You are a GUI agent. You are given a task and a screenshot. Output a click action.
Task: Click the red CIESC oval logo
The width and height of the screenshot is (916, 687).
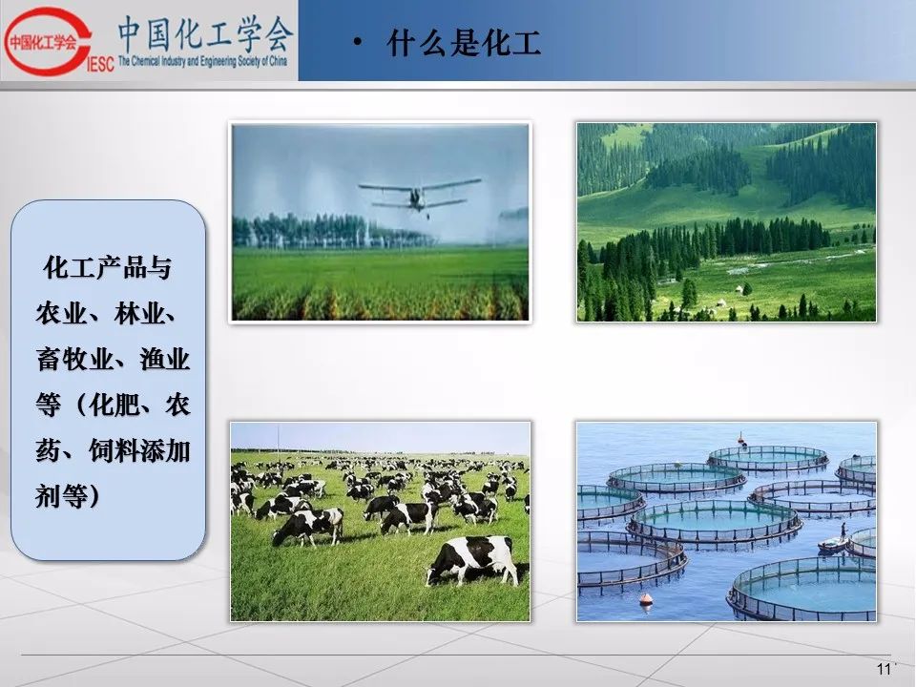tap(47, 41)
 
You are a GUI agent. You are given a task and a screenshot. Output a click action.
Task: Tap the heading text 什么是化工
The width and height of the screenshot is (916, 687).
tap(464, 43)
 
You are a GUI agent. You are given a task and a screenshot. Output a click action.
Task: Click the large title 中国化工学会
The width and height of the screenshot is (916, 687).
tap(204, 34)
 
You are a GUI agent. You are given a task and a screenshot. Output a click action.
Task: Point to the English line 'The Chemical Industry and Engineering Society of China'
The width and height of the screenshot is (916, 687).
tap(202, 61)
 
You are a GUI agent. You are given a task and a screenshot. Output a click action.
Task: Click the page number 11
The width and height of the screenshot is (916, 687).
tap(884, 669)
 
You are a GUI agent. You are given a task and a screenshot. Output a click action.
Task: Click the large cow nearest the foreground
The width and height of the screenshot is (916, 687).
tap(472, 560)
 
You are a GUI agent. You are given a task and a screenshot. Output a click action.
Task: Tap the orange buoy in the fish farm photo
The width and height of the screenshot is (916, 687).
tap(646, 599)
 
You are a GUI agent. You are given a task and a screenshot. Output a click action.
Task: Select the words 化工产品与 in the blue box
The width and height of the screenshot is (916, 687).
tap(107, 267)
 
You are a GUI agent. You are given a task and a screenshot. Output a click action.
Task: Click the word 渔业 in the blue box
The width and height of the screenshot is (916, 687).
tap(165, 359)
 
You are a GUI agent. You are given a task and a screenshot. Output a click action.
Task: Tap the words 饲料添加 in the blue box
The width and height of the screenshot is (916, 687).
tap(139, 450)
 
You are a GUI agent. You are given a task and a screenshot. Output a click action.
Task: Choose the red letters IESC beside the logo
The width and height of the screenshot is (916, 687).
tap(100, 63)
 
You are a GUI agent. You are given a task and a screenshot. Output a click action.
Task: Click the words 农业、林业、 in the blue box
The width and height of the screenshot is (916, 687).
tap(106, 314)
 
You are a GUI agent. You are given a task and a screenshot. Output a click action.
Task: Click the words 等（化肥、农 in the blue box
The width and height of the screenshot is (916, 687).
tap(114, 405)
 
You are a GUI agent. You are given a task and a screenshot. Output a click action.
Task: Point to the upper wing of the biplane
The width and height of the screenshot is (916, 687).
tap(420, 183)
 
